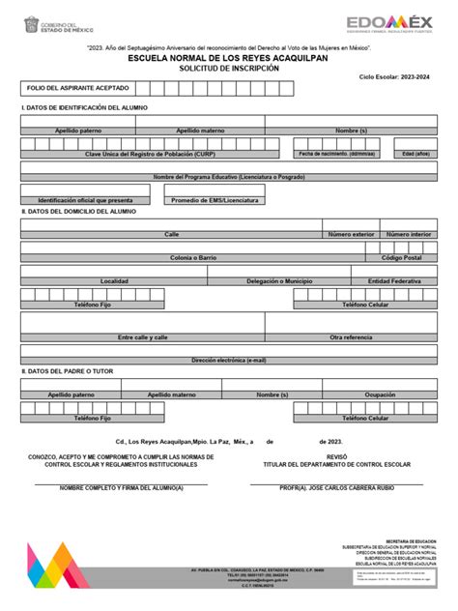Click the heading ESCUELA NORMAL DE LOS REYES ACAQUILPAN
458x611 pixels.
click(229, 56)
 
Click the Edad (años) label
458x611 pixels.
click(416, 154)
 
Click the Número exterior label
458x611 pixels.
click(350, 234)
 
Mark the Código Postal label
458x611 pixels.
click(401, 258)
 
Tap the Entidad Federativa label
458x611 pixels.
click(393, 281)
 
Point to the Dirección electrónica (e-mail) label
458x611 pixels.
click(229, 360)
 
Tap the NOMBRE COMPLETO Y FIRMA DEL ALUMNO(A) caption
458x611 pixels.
click(121, 488)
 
